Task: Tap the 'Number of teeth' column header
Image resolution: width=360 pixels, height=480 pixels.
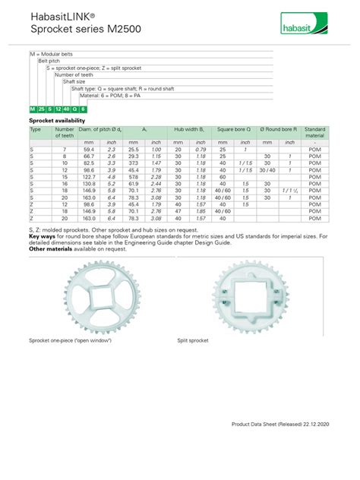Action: click(x=65, y=133)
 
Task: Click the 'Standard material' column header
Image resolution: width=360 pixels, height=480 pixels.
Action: click(x=314, y=133)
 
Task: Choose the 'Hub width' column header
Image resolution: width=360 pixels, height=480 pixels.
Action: click(x=189, y=130)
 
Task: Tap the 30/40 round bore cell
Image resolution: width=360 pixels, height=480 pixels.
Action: click(x=267, y=169)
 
